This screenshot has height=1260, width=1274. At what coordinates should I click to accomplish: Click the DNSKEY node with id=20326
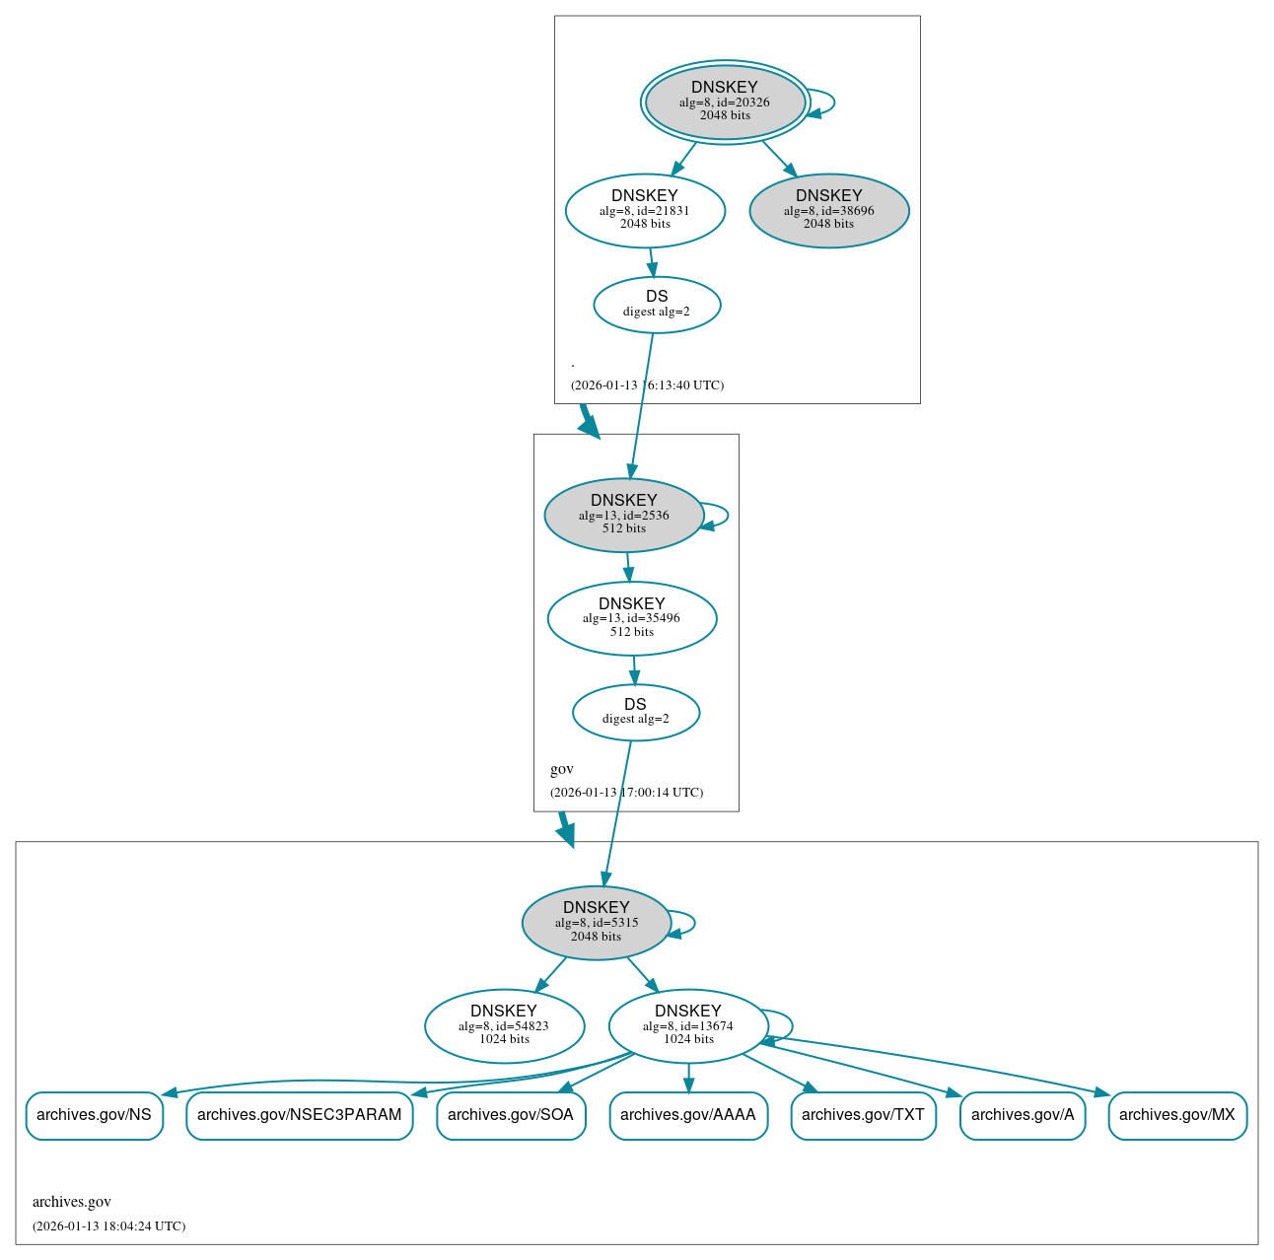[725, 102]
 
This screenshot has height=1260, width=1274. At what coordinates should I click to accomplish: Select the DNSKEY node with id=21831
[645, 210]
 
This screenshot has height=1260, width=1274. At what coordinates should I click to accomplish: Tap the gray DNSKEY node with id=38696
[828, 210]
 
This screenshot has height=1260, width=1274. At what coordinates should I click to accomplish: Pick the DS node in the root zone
[657, 305]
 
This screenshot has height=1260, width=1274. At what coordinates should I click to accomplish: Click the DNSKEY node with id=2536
[623, 515]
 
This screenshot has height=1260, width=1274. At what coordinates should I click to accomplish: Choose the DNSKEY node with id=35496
[631, 618]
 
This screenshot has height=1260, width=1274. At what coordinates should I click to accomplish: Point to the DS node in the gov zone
[635, 712]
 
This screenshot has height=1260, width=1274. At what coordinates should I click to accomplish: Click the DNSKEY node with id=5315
[596, 923]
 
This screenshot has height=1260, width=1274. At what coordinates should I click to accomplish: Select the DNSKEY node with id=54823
[504, 1026]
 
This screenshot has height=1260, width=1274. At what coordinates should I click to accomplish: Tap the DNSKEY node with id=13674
[687, 1026]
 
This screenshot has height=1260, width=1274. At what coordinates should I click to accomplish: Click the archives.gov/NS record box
[94, 1115]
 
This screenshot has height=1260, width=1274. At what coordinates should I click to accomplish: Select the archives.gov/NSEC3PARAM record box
[299, 1115]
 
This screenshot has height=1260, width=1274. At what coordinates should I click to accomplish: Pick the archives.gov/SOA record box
[510, 1115]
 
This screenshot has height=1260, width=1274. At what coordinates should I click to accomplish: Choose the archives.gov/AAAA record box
[687, 1115]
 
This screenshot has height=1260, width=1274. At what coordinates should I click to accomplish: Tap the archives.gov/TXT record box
[863, 1115]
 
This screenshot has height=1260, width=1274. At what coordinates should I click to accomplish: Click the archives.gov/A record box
[1023, 1115]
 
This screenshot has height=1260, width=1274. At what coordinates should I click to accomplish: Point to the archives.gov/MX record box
[1176, 1115]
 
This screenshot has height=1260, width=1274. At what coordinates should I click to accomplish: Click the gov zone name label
[562, 769]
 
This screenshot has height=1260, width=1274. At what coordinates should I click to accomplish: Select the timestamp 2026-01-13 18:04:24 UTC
[108, 1226]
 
